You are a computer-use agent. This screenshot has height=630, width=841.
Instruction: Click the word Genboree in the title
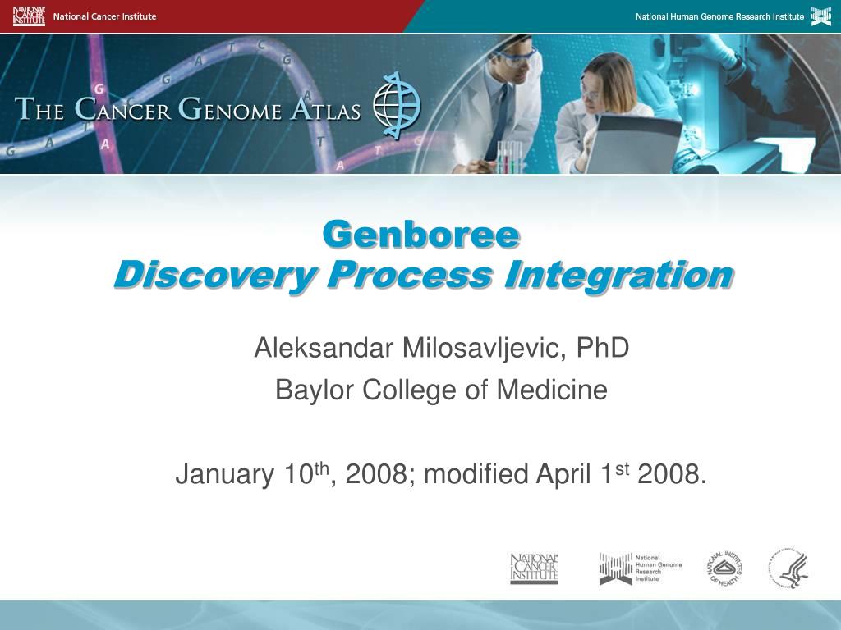tap(420, 235)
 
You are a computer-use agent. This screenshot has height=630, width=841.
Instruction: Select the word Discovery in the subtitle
tap(211, 275)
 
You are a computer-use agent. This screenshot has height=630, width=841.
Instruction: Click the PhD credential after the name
tap(602, 348)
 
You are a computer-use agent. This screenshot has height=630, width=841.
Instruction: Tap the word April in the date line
tap(566, 474)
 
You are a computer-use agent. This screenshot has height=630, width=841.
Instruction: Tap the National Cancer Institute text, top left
tap(104, 16)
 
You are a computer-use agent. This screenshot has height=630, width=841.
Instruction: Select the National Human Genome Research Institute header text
tap(719, 16)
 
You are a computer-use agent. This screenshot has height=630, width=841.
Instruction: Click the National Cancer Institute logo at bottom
tap(534, 568)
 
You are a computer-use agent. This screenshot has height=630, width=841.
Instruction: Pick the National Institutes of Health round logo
tap(724, 568)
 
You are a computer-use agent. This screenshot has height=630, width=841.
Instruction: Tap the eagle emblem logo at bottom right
tap(789, 568)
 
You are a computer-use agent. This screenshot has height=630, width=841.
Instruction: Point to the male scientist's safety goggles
tap(522, 54)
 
